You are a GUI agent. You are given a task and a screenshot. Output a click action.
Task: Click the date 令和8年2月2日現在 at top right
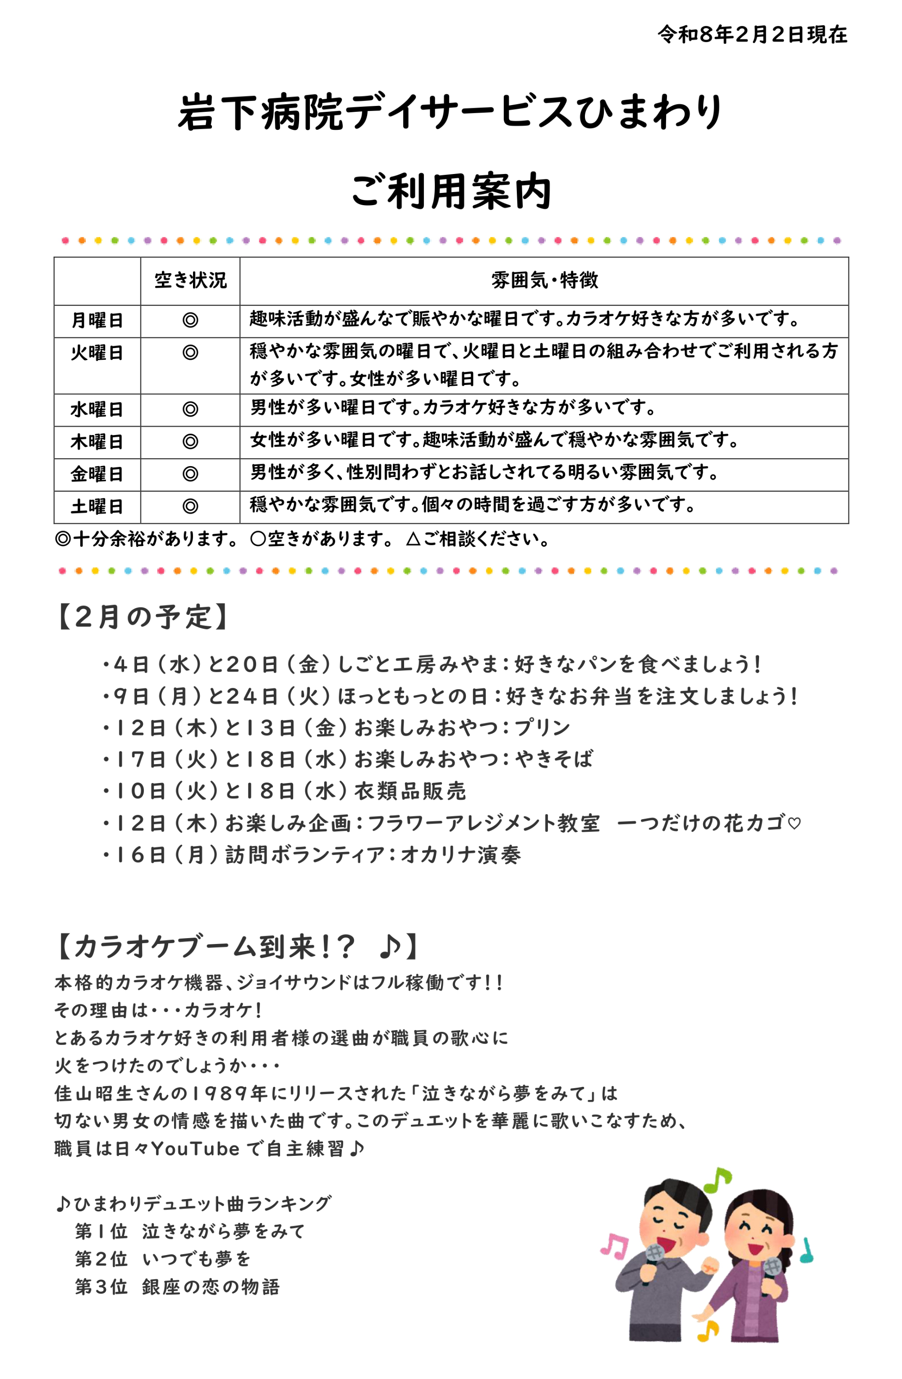[x=752, y=35]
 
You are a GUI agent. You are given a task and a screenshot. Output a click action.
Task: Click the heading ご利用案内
[x=451, y=191]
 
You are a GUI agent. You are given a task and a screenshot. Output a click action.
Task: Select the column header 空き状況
[x=190, y=280]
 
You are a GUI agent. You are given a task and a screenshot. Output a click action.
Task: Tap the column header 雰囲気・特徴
[x=544, y=280]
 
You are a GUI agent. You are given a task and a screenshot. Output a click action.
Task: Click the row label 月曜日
[x=97, y=321]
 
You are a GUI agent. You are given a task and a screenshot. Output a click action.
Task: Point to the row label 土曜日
[x=97, y=506]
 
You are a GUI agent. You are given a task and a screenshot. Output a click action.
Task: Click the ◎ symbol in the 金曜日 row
[x=190, y=474]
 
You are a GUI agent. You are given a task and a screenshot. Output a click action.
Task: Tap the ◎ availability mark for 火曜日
[x=190, y=352]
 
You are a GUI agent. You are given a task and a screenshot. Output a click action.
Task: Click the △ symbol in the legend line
[x=413, y=539]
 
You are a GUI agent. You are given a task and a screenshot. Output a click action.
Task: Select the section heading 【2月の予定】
[x=142, y=617]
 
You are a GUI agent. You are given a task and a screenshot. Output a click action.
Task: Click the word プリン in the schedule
[x=542, y=727]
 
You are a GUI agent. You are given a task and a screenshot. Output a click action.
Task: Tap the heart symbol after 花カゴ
[x=795, y=823]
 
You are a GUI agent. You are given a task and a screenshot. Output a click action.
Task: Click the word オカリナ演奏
[x=461, y=855]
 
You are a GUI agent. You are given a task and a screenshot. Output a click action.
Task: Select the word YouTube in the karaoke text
[x=195, y=1148]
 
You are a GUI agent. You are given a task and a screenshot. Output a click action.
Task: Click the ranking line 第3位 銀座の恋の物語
[x=177, y=1287]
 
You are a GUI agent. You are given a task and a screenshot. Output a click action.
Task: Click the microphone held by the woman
[x=772, y=1269]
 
